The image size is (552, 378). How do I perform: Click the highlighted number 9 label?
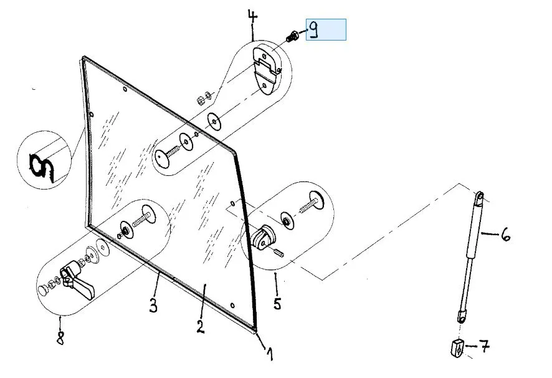(325, 30)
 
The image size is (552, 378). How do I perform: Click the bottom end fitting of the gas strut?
(462, 316)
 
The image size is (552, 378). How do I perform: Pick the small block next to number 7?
(455, 347)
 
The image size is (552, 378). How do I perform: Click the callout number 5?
(277, 304)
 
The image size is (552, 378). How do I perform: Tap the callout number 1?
(269, 354)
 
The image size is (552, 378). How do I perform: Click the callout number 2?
(200, 326)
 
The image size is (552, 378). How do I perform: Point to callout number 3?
(153, 305)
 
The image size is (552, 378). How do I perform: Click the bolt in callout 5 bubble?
(310, 205)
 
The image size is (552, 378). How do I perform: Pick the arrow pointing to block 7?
(470, 345)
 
